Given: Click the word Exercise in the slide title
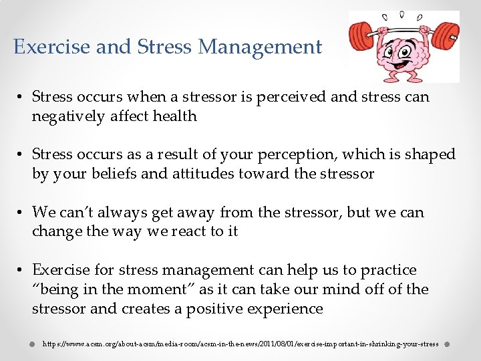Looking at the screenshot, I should [51, 47].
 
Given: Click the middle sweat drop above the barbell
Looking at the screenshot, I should [402, 14].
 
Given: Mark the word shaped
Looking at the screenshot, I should [430, 154].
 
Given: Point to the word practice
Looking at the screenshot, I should [388, 270].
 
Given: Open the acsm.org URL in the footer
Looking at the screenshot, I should [240, 344].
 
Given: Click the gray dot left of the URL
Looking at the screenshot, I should [31, 344].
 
